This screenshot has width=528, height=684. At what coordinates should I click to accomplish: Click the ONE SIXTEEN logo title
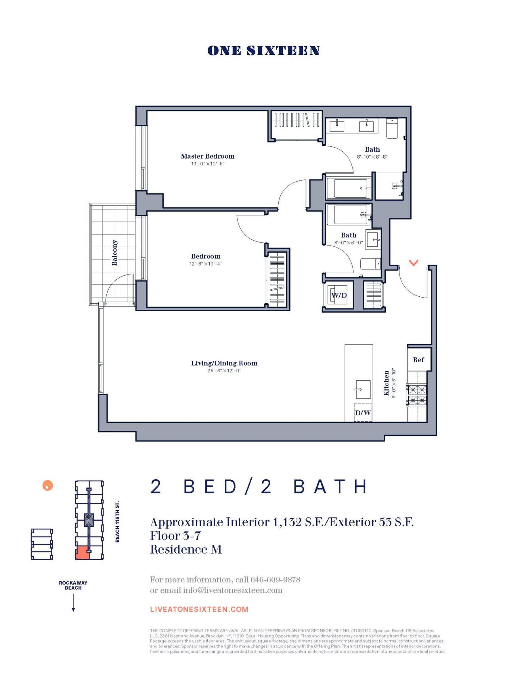(x=263, y=51)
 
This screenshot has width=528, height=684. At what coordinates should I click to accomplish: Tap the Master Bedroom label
(x=208, y=156)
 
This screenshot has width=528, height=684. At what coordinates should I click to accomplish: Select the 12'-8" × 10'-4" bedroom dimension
(x=206, y=264)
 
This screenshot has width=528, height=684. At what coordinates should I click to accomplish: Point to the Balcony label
(x=115, y=253)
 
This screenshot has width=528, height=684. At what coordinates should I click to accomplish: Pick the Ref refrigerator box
(x=418, y=360)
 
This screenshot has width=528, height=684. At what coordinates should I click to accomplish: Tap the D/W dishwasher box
(x=363, y=413)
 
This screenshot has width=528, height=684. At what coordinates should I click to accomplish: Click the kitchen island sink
(x=363, y=389)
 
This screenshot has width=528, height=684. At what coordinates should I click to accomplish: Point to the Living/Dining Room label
(x=224, y=363)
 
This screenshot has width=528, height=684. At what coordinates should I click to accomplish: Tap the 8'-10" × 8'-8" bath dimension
(x=372, y=157)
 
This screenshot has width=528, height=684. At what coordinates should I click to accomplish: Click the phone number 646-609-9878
(x=275, y=580)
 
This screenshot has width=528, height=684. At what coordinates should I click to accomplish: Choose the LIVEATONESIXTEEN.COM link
(x=199, y=609)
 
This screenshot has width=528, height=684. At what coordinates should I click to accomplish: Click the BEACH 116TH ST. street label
(x=117, y=521)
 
